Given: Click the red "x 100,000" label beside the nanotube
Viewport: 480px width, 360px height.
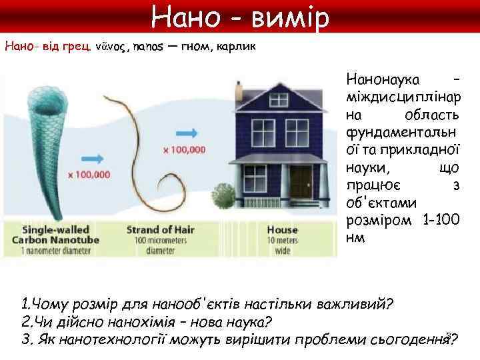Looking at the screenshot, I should (x=88, y=175).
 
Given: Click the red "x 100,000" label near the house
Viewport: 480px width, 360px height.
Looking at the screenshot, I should (x=184, y=150).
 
